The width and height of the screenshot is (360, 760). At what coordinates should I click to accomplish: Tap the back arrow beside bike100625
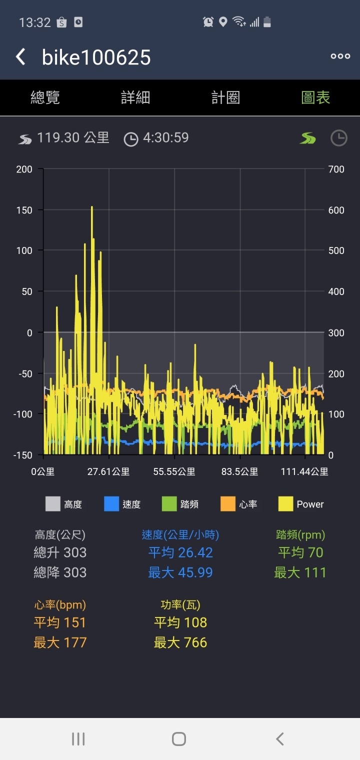[20, 57]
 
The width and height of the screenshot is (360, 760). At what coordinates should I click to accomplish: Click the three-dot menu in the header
[340, 56]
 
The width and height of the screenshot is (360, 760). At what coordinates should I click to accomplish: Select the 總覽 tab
[45, 97]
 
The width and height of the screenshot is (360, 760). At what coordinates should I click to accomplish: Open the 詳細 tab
[135, 97]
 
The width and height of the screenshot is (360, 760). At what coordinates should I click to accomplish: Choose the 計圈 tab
[225, 97]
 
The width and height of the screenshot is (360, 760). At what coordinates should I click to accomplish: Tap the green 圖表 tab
[315, 97]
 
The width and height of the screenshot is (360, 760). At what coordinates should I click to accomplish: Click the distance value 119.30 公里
[73, 138]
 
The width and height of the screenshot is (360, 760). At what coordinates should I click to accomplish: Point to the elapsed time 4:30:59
[165, 138]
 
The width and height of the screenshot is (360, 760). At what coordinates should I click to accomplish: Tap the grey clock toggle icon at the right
[338, 138]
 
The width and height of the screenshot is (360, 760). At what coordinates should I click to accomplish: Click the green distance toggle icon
[308, 138]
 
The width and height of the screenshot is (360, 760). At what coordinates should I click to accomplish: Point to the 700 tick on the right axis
[336, 169]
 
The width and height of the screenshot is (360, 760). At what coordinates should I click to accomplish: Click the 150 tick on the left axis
[24, 210]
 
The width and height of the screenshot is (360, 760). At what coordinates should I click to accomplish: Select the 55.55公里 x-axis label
[174, 471]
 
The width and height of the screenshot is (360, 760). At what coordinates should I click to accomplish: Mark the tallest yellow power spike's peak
[92, 207]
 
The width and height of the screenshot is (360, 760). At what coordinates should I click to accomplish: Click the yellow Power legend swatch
[286, 504]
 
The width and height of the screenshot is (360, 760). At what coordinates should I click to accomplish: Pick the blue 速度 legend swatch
[111, 504]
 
